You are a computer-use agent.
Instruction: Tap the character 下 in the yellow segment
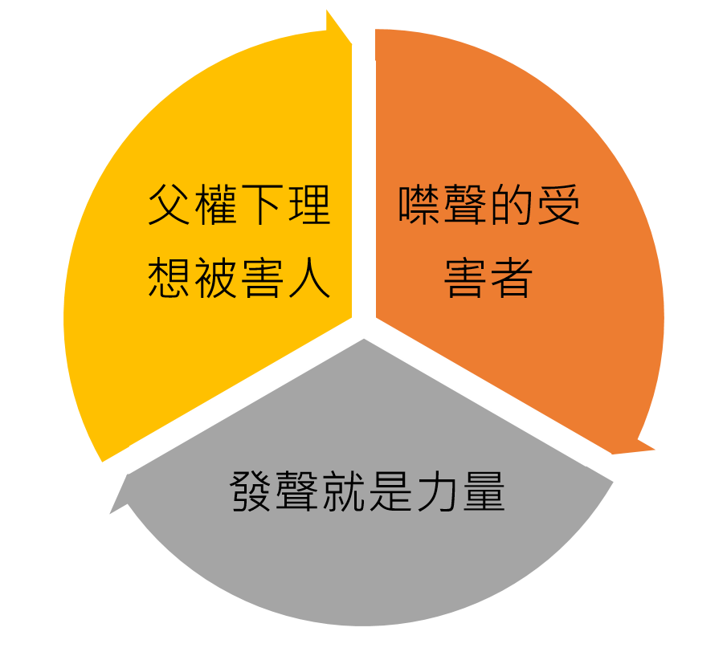263,206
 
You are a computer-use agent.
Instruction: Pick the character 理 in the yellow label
308,206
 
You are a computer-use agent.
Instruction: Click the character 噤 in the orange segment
421,206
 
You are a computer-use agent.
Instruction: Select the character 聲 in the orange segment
467,206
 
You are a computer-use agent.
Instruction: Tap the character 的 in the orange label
513,206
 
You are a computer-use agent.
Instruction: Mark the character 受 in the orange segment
558,206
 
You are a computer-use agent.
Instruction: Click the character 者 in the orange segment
513,278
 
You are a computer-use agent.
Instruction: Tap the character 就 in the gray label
344,491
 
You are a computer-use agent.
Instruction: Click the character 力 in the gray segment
436,491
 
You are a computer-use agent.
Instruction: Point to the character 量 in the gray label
482,491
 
